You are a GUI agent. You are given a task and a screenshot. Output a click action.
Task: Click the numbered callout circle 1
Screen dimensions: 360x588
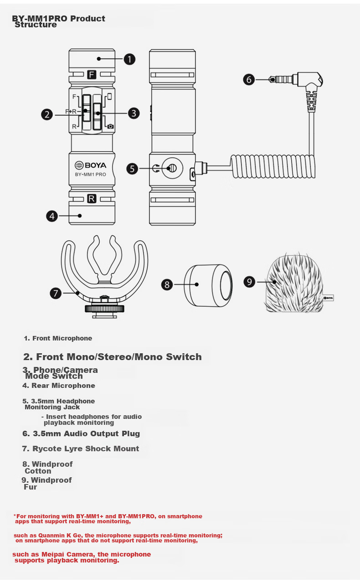pos(129,59)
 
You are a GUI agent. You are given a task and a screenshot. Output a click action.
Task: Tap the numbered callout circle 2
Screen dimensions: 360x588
pos(47,115)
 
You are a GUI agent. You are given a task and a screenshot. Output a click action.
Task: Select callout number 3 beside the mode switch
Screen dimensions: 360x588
pos(134,113)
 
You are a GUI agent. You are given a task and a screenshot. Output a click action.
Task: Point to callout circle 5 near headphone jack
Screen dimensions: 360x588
pos(132,169)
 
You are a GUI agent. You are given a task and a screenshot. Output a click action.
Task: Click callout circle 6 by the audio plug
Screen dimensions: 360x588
pos(249,79)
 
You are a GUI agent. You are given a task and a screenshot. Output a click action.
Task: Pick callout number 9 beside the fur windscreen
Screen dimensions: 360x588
pos(249,282)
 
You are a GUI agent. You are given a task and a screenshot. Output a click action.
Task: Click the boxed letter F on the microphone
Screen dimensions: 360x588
pos(92,75)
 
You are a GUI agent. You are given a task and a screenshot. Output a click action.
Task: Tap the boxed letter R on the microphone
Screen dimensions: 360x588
pos(92,199)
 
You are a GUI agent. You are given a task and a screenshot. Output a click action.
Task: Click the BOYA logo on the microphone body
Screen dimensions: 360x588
pos(91,165)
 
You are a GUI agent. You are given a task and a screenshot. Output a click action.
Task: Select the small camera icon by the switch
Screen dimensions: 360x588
pos(111,127)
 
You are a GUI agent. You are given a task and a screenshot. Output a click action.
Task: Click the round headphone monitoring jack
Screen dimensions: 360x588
pos(172,168)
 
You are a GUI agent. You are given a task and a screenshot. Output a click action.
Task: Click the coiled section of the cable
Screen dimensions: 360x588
pos(273,166)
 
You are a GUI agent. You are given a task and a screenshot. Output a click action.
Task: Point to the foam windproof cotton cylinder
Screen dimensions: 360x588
pos(208,285)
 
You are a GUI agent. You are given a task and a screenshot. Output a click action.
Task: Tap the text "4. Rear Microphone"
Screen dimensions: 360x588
pos(58,386)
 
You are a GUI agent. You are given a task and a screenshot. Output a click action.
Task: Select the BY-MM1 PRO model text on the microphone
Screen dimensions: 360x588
pos(91,174)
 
